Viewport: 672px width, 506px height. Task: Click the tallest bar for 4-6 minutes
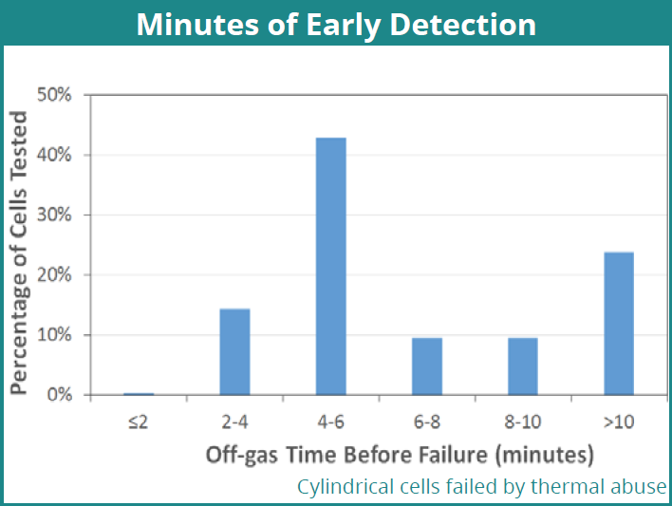pos(331,267)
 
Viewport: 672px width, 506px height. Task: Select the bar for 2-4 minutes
pos(234,351)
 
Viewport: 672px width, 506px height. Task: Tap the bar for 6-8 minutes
pos(427,366)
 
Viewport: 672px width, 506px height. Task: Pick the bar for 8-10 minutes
pos(523,366)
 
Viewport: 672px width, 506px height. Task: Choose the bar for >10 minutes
pos(619,324)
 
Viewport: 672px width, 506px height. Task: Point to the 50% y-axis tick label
pos(54,95)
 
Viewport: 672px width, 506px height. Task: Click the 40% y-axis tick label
pos(54,155)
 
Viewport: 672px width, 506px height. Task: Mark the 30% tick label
pos(54,215)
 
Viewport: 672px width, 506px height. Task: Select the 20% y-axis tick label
pos(54,274)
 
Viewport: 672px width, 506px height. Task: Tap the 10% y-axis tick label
pos(54,334)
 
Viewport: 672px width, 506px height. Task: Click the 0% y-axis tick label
pos(59,395)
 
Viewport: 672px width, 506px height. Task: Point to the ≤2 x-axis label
pos(138,422)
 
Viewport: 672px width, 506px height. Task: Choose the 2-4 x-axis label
pos(234,422)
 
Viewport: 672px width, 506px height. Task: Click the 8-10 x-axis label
pos(523,422)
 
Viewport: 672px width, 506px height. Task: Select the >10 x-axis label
pos(619,422)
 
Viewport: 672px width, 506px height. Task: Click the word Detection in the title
pos(463,25)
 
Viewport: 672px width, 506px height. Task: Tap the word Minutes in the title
pos(197,25)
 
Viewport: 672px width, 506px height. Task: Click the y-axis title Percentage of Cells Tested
pos(19,253)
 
